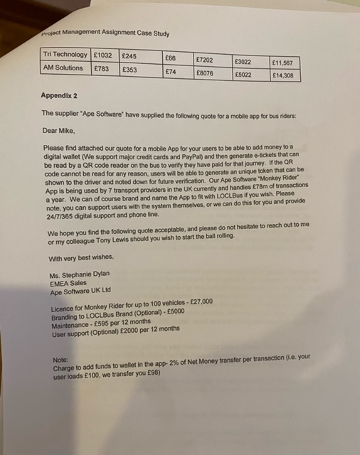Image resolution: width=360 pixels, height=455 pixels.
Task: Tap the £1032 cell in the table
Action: (x=104, y=55)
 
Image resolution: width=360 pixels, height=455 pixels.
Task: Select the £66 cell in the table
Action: (x=170, y=58)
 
